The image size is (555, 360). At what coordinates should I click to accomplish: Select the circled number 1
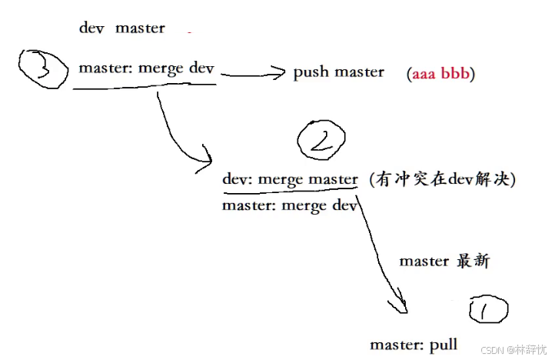[489, 311]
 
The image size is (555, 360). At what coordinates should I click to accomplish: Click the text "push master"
[338, 72]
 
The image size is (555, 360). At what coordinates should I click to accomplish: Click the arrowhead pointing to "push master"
[279, 73]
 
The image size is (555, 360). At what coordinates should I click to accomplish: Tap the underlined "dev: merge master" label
[290, 179]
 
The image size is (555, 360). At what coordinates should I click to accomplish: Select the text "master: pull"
[414, 344]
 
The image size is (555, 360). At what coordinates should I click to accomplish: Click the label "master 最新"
[444, 262]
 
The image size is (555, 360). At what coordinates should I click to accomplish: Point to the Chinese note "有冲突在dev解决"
[442, 179]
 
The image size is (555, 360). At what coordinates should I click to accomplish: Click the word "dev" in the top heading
[91, 28]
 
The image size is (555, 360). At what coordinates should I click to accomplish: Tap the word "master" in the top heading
[140, 28]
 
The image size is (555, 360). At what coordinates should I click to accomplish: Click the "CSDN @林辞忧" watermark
[513, 350]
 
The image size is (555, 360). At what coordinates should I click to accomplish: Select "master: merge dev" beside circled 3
[146, 68]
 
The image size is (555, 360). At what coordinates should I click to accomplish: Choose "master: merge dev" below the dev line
[290, 205]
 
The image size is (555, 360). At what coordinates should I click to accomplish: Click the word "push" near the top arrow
[311, 73]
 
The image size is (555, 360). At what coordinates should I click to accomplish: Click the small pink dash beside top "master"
[189, 32]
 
